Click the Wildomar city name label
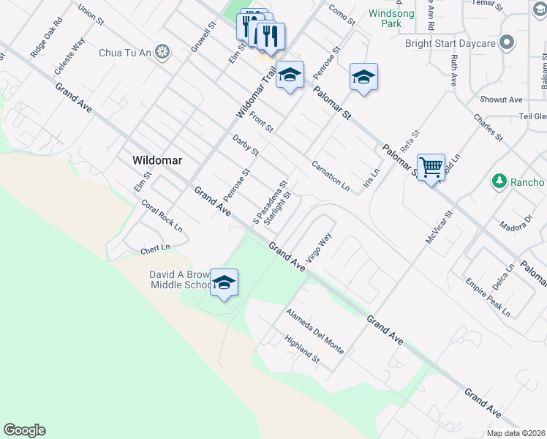(x=157, y=160)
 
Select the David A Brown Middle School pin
(x=224, y=283)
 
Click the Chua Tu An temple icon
(x=161, y=52)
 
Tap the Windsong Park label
(x=391, y=18)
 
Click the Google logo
(x=24, y=430)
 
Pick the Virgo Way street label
(x=320, y=247)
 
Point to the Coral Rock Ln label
(x=162, y=216)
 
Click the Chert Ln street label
(x=155, y=250)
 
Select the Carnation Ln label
(x=331, y=176)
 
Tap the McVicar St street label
(x=440, y=228)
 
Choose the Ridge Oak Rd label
(x=47, y=44)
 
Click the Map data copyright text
(x=516, y=433)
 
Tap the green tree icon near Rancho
(x=499, y=181)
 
